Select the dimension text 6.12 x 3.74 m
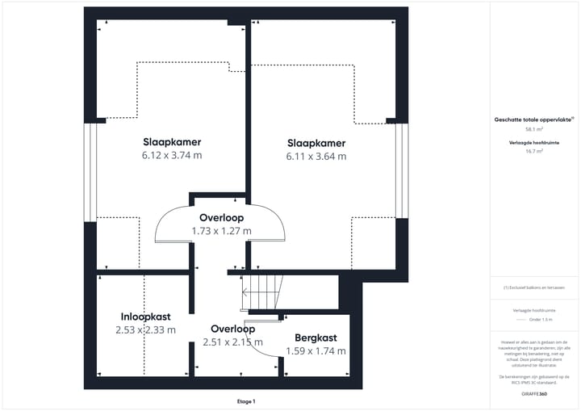tap(172, 155)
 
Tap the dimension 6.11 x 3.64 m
tap(316, 157)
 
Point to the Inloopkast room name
tap(146, 316)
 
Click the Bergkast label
tap(316, 338)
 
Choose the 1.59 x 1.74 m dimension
tap(316, 351)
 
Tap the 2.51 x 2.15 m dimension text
tap(232, 342)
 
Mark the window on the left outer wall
tap(90, 171)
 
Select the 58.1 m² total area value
tap(534, 129)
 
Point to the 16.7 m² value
tap(534, 151)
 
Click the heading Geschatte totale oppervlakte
tap(533, 120)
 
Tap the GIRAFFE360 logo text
tap(534, 393)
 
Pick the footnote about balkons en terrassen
tap(534, 287)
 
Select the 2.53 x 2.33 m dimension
tap(146, 329)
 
